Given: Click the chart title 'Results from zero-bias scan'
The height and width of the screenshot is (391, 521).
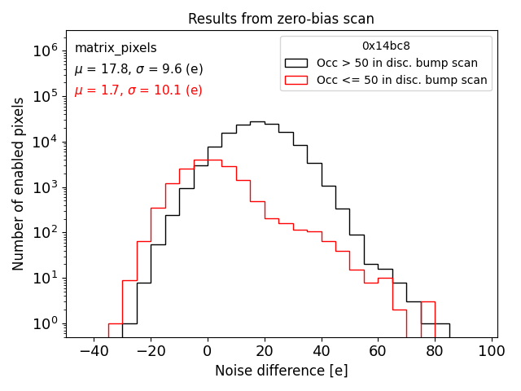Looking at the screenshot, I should pyautogui.click(x=281, y=19).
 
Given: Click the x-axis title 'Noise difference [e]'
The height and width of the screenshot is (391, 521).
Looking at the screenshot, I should pyautogui.click(x=281, y=371).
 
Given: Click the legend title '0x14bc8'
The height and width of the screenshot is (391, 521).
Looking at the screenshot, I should pyautogui.click(x=386, y=46).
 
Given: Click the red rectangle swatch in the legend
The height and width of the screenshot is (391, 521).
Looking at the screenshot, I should pyautogui.click(x=296, y=80).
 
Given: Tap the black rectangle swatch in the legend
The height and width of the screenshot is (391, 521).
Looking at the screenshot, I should pyautogui.click(x=296, y=63).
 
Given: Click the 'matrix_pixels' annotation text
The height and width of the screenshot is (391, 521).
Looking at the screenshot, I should pyautogui.click(x=116, y=48).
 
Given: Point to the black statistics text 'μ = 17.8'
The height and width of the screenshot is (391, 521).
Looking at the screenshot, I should pyautogui.click(x=97, y=69).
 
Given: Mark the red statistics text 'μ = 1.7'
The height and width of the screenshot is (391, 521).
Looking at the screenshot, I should pyautogui.click(x=94, y=90).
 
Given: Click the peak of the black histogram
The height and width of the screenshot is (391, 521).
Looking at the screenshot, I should pyautogui.click(x=257, y=121).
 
